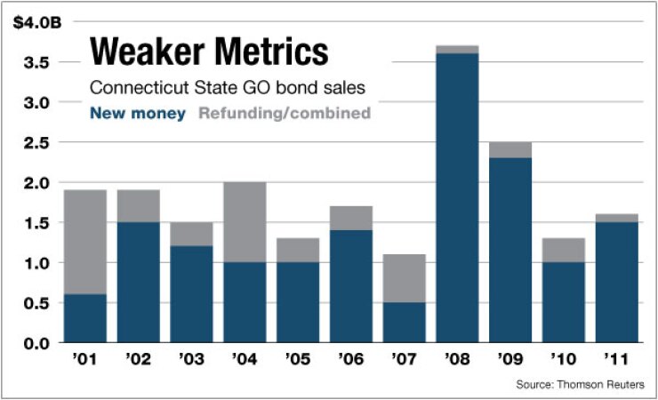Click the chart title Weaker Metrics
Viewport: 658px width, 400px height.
coord(208,52)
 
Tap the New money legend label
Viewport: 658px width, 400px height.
coord(138,114)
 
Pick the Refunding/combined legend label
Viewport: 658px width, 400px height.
coord(284,114)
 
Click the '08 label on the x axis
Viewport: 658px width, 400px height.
coord(457,361)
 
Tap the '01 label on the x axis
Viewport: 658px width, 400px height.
coord(84,361)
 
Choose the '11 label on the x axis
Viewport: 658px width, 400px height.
coord(616,361)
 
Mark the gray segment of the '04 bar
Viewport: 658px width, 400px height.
coord(245,222)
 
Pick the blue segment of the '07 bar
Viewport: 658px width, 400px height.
coord(404,323)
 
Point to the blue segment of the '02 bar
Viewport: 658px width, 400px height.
coord(138,282)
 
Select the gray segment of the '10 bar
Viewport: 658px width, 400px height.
coord(564,250)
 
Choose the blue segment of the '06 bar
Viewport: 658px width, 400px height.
coord(351,286)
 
